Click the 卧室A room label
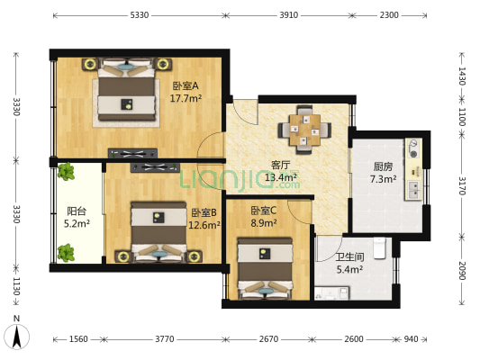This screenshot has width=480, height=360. click(186, 85)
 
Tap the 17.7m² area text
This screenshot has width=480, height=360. click(186, 98)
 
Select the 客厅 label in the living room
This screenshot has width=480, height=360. click(280, 166)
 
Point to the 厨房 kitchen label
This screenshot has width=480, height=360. click(383, 166)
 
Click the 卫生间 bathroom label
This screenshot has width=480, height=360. click(349, 256)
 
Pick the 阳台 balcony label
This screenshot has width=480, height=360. click(77, 211)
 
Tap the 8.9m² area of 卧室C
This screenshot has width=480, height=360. click(264, 223)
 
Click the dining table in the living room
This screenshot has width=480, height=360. click(305, 130)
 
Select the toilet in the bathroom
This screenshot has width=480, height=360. click(380, 248)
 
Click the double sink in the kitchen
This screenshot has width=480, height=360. click(413, 189)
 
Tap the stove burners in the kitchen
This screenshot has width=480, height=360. click(413, 148)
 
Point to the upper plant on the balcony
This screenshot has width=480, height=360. click(66, 172)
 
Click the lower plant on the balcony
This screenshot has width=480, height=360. click(66, 253)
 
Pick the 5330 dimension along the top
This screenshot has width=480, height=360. click(140, 15)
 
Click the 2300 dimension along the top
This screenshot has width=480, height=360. click(389, 15)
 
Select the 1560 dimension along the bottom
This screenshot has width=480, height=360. click(78, 339)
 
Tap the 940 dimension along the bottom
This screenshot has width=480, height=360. click(411, 339)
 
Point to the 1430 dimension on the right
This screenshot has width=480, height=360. click(462, 76)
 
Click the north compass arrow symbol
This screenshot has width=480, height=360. click(17, 337)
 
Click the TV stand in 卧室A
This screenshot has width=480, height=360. click(133, 153)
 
